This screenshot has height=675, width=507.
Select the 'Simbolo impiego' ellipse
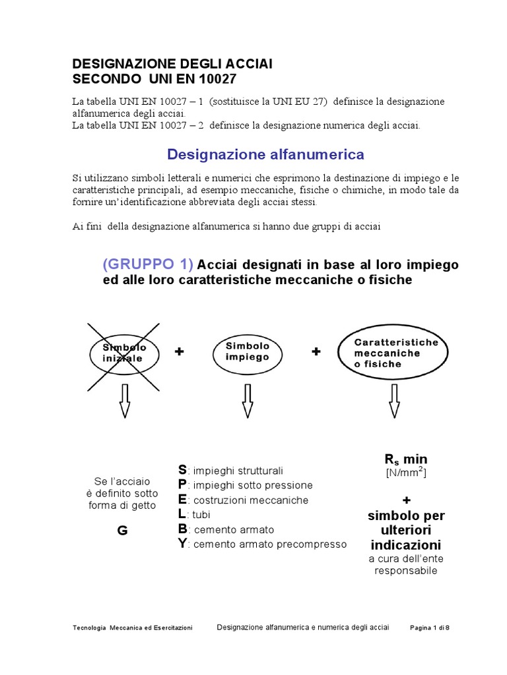248,351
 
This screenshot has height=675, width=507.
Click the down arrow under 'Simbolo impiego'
248,400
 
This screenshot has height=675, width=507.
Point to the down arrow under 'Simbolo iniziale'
124,400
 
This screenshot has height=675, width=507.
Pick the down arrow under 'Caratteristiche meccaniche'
394,400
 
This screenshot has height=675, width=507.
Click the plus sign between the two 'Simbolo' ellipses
179,353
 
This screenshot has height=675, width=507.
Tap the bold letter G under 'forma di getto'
122,532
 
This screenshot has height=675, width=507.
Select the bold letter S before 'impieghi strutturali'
182,470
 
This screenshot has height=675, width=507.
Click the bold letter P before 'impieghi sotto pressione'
182,484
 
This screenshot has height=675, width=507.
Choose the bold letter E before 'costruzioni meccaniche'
182,500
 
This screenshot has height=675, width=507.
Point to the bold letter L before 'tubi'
182,514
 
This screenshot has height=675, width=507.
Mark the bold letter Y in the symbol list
182,544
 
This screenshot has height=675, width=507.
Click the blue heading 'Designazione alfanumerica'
265,154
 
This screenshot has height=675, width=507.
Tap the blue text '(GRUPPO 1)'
148,264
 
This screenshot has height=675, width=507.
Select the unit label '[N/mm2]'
406,473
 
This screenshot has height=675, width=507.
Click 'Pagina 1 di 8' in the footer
430,628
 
